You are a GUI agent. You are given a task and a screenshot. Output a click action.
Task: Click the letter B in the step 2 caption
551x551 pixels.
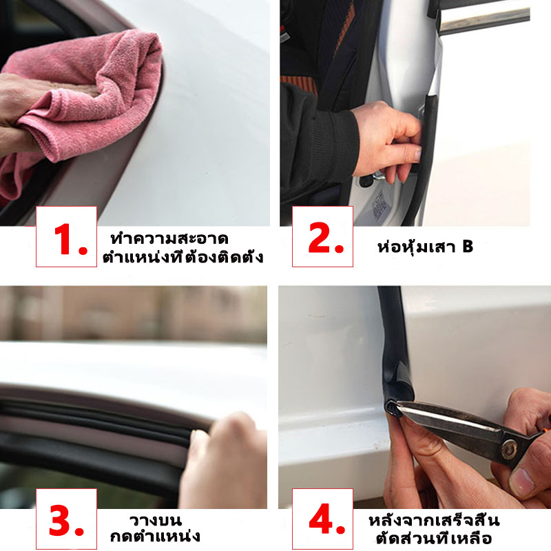(x=468, y=247)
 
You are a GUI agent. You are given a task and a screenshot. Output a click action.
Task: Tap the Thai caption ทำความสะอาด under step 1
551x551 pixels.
(x=169, y=238)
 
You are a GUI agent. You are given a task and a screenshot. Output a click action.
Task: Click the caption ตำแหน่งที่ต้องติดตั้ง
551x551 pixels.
(x=183, y=256)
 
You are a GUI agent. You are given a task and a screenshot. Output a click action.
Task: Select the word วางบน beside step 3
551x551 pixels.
(x=156, y=521)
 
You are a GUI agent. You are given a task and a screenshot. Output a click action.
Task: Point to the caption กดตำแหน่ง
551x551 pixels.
(x=155, y=537)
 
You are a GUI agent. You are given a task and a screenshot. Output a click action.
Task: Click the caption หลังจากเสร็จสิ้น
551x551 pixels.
(x=434, y=520)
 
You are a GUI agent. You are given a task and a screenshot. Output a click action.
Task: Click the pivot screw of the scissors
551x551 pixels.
(x=508, y=449)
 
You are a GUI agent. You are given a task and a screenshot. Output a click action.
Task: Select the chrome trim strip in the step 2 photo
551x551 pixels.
(x=485, y=19)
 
